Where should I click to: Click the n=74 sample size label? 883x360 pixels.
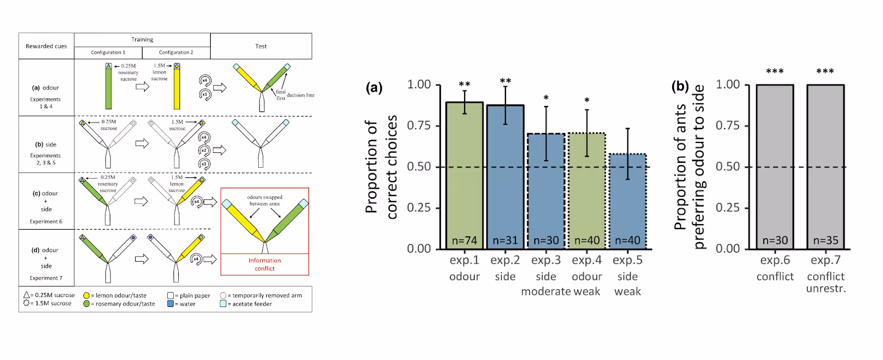point(465,241)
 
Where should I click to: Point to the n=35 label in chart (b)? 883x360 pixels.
point(826,241)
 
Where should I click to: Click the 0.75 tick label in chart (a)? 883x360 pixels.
point(419,125)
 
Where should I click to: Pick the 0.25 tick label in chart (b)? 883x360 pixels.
point(727,208)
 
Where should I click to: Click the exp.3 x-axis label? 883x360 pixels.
point(546,260)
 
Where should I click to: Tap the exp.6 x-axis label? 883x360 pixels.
point(775,260)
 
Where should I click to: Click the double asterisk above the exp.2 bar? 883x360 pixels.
point(506,82)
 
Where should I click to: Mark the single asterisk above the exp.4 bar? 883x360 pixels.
point(587,100)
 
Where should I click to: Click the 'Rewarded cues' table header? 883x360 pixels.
point(46,46)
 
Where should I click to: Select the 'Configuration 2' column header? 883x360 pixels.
point(176,52)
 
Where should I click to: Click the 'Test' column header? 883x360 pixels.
point(261,46)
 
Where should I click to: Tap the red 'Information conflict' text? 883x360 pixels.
point(264,264)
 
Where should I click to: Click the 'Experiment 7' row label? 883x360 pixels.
point(46,278)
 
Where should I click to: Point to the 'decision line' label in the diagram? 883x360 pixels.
point(300,96)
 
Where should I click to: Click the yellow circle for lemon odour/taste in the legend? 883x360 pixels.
point(87,295)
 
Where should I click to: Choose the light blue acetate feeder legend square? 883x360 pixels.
point(223,304)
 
